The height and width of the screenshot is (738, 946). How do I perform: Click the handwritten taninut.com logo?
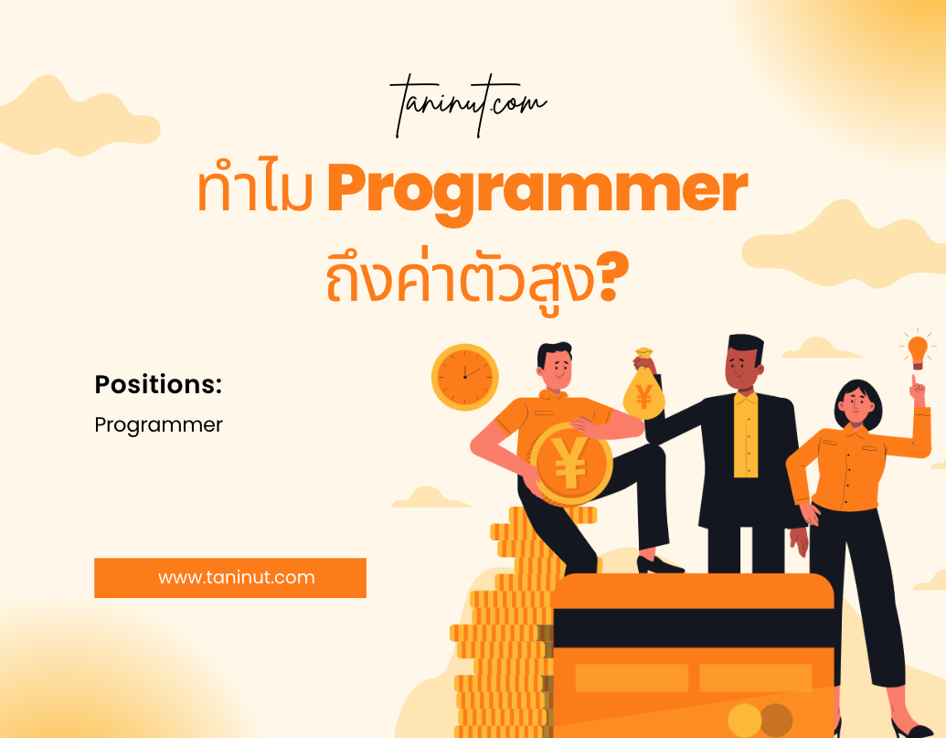pos(469,105)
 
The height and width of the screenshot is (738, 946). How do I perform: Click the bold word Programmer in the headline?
pos(537,191)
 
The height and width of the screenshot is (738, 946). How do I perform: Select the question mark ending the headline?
pos(613,278)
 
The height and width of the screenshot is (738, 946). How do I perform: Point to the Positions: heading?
pos(159,384)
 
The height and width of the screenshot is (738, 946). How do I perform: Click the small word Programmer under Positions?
pos(159,425)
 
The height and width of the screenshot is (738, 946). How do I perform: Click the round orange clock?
pos(465,377)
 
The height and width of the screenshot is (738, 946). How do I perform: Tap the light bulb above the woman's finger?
pos(918,351)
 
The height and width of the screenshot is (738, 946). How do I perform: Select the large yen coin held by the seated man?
pos(570,464)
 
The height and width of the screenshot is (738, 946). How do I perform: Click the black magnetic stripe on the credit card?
pos(693,627)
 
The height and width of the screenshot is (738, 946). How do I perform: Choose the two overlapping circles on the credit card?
pos(760,720)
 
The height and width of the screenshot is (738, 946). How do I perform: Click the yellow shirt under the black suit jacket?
pos(746,434)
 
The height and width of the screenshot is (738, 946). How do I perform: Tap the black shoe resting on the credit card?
pos(658,565)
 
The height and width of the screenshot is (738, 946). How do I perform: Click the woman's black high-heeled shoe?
pos(912,727)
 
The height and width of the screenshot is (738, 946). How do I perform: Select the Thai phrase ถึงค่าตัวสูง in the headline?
pos(462,278)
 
